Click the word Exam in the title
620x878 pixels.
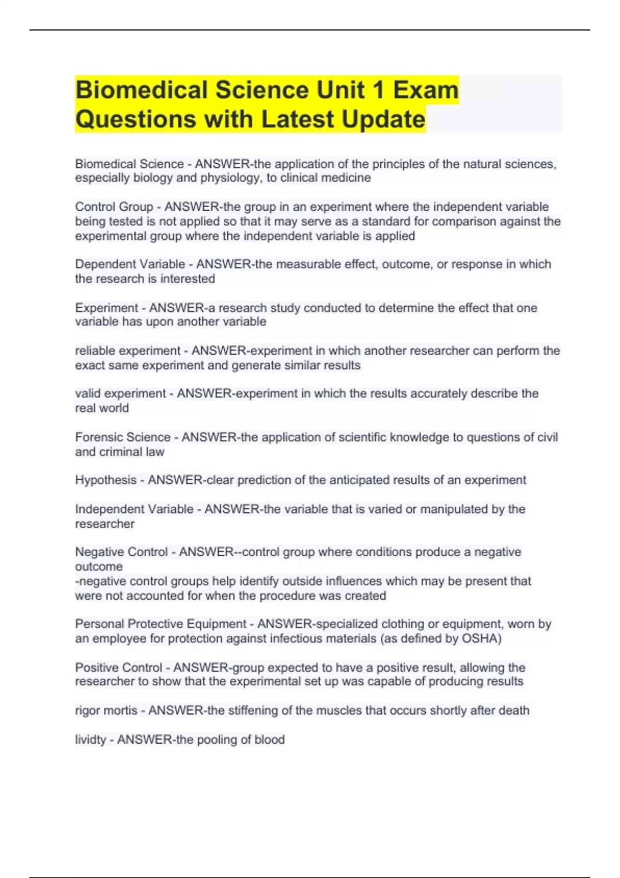coord(426,90)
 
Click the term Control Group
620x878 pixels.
coord(114,207)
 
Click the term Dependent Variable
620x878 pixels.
coord(130,264)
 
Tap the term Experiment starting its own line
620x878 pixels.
coord(106,308)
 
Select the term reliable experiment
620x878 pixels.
coord(128,351)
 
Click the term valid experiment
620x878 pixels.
coord(120,394)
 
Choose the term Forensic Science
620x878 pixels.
coord(122,437)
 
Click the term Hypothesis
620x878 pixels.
coord(106,480)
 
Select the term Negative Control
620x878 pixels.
coord(121,552)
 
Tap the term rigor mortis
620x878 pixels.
coord(106,711)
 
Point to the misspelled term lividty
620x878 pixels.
coord(90,740)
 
